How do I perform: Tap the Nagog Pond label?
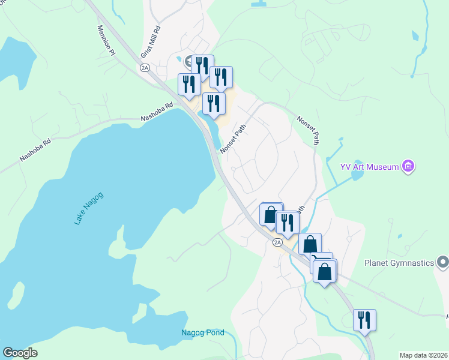203,332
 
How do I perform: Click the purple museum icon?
409,166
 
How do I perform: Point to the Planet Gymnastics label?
399,262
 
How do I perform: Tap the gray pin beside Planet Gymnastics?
442,262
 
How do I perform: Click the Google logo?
20,353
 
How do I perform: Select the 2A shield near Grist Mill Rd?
145,68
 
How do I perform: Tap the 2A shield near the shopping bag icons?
277,242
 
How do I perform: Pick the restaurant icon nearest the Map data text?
364,320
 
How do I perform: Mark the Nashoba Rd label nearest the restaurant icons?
157,111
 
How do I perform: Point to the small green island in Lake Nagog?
17,295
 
